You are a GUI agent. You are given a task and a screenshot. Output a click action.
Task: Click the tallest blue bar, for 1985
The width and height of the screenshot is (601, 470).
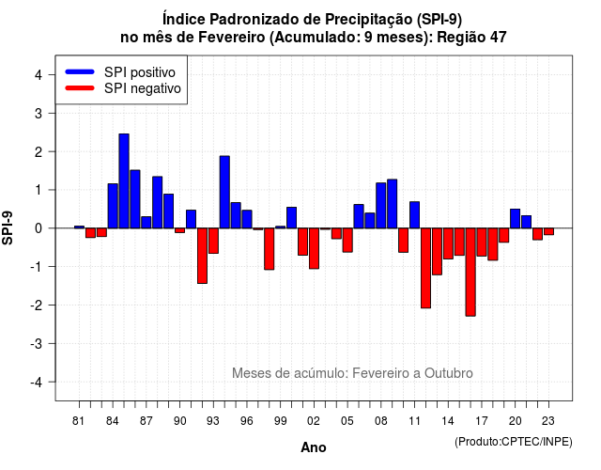124,181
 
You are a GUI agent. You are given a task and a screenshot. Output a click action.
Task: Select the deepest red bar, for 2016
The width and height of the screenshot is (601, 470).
470,272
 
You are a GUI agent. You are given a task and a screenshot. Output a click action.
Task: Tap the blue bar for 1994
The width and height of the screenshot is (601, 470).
224,192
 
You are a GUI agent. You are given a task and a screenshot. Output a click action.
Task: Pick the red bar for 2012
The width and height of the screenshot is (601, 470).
425,268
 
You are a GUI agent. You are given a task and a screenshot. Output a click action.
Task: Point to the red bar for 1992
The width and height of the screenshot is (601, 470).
202,256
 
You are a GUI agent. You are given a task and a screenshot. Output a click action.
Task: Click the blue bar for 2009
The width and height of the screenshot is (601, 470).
393,204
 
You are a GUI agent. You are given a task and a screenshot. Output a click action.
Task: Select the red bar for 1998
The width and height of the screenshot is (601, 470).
270,249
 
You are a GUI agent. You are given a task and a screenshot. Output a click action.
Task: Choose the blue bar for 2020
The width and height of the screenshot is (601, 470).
516,219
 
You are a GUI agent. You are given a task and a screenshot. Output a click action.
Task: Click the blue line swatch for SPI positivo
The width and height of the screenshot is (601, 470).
80,71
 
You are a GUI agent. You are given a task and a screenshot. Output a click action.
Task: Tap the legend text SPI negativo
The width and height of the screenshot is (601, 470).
142,88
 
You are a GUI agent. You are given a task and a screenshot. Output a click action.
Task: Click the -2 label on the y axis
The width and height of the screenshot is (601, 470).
37,305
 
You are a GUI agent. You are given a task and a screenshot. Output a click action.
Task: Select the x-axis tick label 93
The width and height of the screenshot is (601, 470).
213,421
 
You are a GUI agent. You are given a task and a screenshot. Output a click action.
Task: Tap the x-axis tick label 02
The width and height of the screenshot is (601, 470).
314,421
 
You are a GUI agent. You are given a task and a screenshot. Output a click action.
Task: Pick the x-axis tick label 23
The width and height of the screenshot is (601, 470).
548,421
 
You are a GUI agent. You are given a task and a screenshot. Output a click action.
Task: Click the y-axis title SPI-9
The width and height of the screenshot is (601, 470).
8,227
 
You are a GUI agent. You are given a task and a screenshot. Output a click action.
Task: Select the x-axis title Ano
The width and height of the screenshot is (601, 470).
314,447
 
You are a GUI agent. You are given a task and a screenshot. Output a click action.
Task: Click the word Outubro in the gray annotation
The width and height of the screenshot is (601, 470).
449,373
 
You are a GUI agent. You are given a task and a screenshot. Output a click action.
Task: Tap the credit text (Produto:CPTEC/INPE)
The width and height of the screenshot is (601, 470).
514,442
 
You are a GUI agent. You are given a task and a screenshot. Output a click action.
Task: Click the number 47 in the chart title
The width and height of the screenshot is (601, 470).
498,38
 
